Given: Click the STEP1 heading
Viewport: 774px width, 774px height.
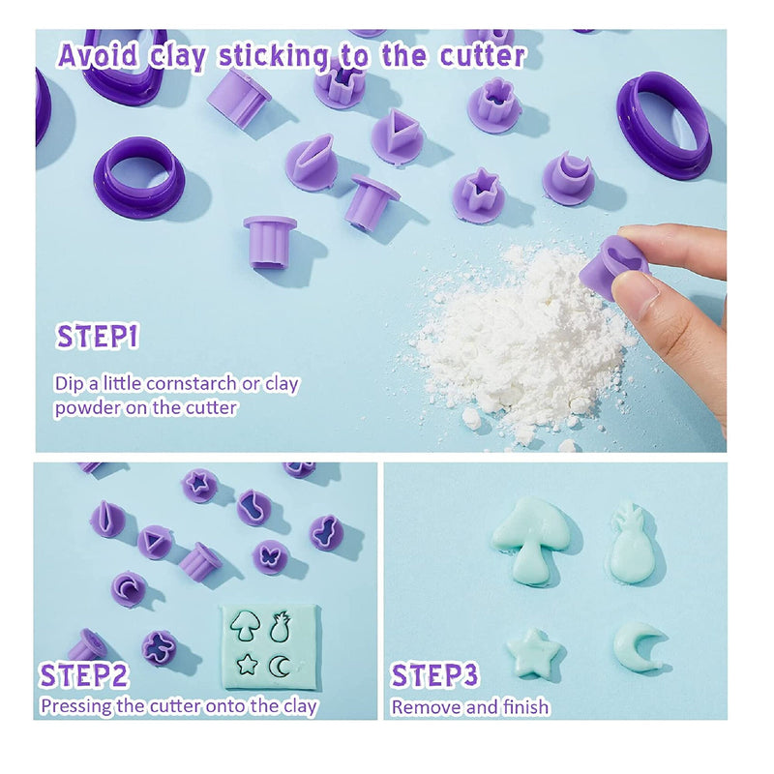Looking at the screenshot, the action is point(98,337).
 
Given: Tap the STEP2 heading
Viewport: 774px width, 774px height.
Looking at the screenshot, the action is point(84,675).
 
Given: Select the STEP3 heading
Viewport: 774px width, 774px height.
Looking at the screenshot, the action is point(434,675).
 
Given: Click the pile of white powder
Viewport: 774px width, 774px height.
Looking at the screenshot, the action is point(519,341).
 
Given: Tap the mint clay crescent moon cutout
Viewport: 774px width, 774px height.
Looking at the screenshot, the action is point(637,645).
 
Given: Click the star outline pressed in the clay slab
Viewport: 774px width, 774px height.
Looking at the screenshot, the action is point(248,664).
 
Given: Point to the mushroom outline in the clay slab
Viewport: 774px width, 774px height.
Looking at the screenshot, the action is point(246,626).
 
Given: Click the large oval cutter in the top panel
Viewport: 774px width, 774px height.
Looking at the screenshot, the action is point(664,126).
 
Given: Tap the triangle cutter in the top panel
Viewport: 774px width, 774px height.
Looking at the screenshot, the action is point(397,134).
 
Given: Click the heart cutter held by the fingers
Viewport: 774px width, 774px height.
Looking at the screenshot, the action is point(615,267).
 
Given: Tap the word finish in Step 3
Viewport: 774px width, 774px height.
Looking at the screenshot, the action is point(525,707).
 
